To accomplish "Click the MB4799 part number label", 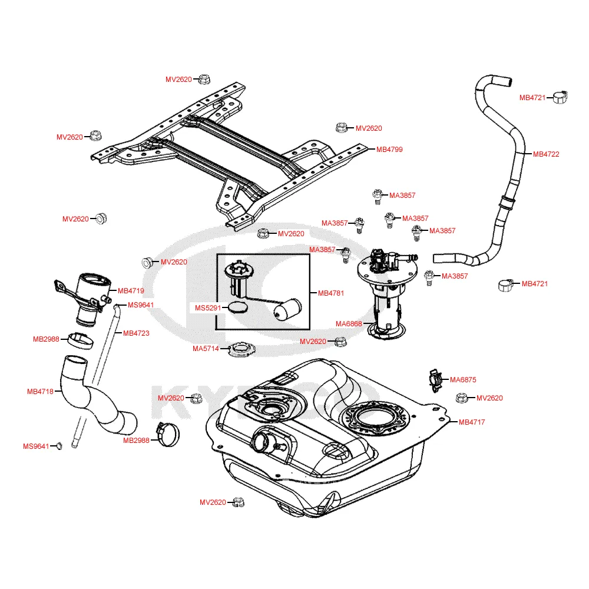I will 389,150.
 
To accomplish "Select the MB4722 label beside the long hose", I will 546,154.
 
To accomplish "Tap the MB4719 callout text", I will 131,290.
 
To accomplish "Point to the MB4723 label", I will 136,333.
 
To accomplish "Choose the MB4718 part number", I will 40,391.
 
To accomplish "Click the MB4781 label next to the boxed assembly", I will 331,293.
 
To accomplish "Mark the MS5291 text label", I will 209,307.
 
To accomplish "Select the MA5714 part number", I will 206,349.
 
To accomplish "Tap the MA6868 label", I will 349,323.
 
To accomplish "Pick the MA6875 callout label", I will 463,380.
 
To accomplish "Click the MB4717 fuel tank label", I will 472,422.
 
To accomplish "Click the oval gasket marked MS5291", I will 239,307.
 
